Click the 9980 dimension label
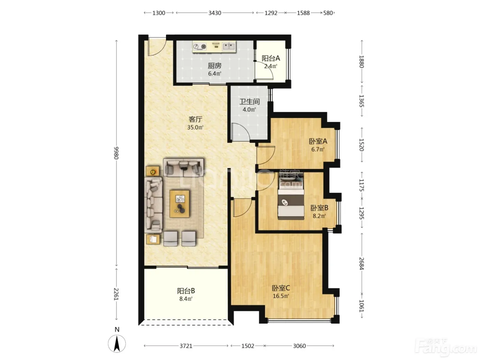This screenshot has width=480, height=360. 116,153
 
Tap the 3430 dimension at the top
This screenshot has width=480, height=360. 215,13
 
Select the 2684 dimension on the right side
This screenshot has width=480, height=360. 361,264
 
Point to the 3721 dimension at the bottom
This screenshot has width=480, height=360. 186,346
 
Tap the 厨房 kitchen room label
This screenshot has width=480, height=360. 215,65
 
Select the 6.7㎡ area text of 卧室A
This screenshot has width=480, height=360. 318,149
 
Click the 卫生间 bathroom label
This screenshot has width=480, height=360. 249,101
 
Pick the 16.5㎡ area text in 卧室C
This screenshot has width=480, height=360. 281,296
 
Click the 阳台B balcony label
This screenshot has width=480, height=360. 186,291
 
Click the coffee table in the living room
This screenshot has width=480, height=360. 180,204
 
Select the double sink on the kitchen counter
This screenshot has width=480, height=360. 229,46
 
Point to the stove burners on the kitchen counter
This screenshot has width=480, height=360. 200,47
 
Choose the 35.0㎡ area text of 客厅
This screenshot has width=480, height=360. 195,127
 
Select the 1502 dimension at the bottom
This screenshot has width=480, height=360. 248,346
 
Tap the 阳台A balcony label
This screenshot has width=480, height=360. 271,58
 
